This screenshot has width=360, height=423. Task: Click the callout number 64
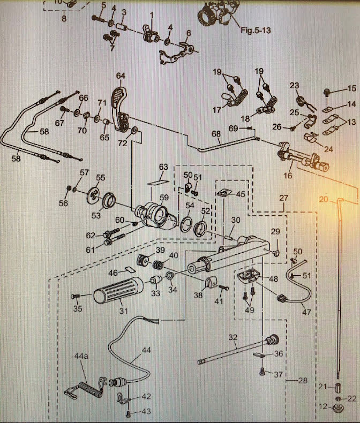(121, 76)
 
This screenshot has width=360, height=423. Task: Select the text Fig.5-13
(256, 31)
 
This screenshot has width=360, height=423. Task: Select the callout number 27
(283, 198)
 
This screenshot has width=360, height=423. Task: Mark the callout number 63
(163, 168)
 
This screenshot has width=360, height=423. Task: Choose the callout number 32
(232, 337)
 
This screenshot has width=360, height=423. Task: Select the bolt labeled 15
(327, 92)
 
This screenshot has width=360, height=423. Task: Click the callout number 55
(100, 177)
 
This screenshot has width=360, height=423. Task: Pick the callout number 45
(240, 195)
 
